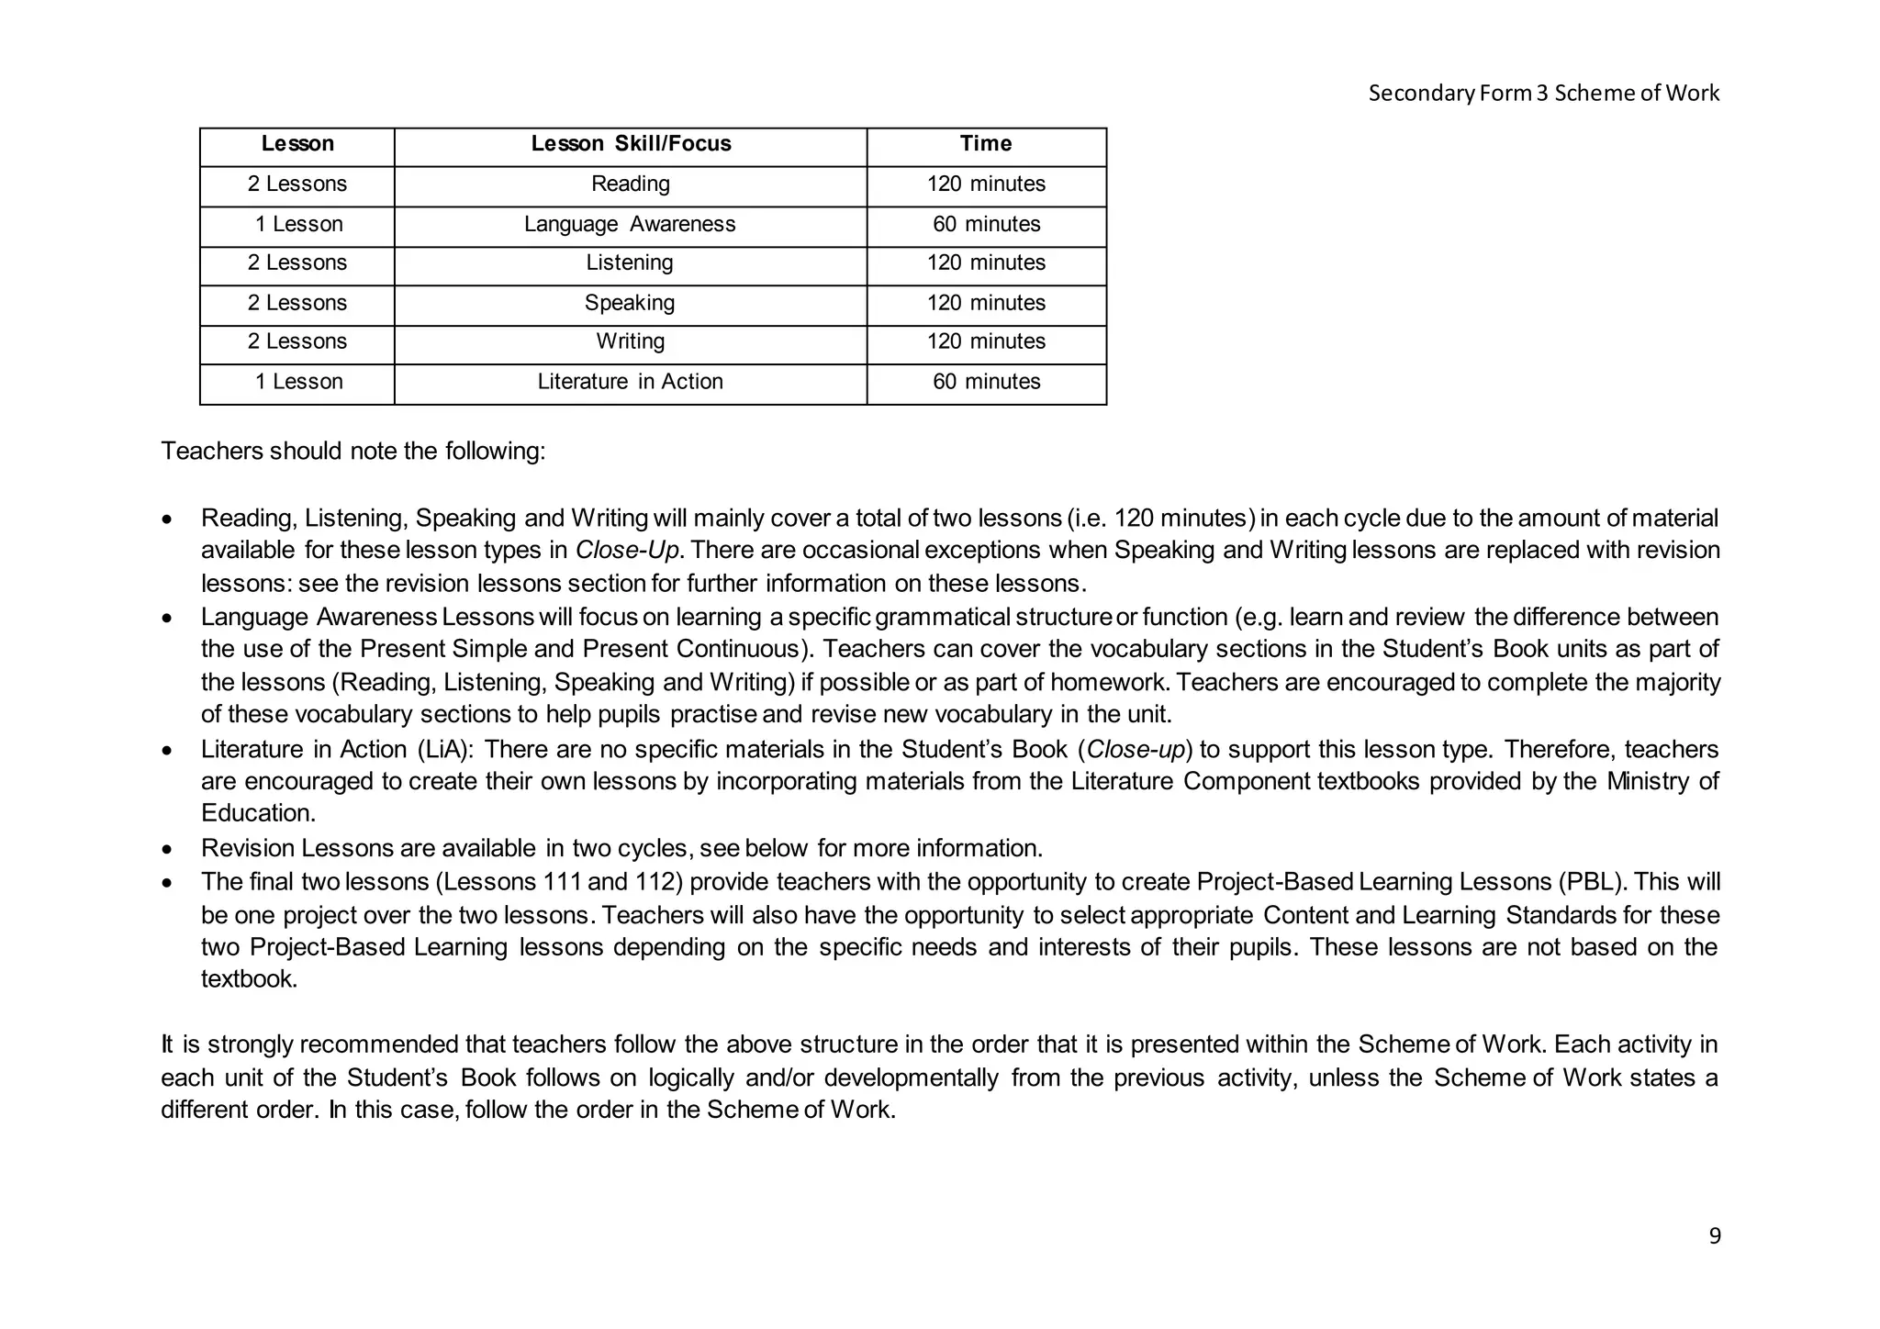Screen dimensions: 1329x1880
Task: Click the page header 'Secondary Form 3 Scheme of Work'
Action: coord(1543,93)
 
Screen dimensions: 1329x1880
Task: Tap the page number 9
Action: coord(1714,1236)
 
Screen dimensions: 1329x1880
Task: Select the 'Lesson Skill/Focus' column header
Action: coord(631,144)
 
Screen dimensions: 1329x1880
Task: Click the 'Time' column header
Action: coord(986,144)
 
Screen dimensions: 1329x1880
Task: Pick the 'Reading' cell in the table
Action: coord(630,184)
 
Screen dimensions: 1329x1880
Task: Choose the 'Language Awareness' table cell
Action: coord(630,225)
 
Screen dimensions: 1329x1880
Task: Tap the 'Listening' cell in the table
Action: coord(630,263)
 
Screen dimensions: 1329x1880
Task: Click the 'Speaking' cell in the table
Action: coord(630,303)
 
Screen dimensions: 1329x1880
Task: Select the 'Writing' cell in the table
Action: coord(630,341)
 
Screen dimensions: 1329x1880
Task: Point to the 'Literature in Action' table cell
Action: coord(630,382)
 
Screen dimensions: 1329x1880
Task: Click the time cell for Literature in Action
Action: coord(986,382)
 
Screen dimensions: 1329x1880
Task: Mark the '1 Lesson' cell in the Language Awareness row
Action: coord(298,225)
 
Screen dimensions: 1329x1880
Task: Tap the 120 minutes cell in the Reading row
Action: coord(986,184)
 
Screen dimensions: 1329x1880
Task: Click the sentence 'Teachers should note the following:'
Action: coord(353,452)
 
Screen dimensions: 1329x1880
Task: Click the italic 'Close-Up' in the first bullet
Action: coord(626,551)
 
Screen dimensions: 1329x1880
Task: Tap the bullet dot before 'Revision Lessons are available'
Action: coord(166,850)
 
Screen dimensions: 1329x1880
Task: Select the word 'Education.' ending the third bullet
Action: coord(258,814)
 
